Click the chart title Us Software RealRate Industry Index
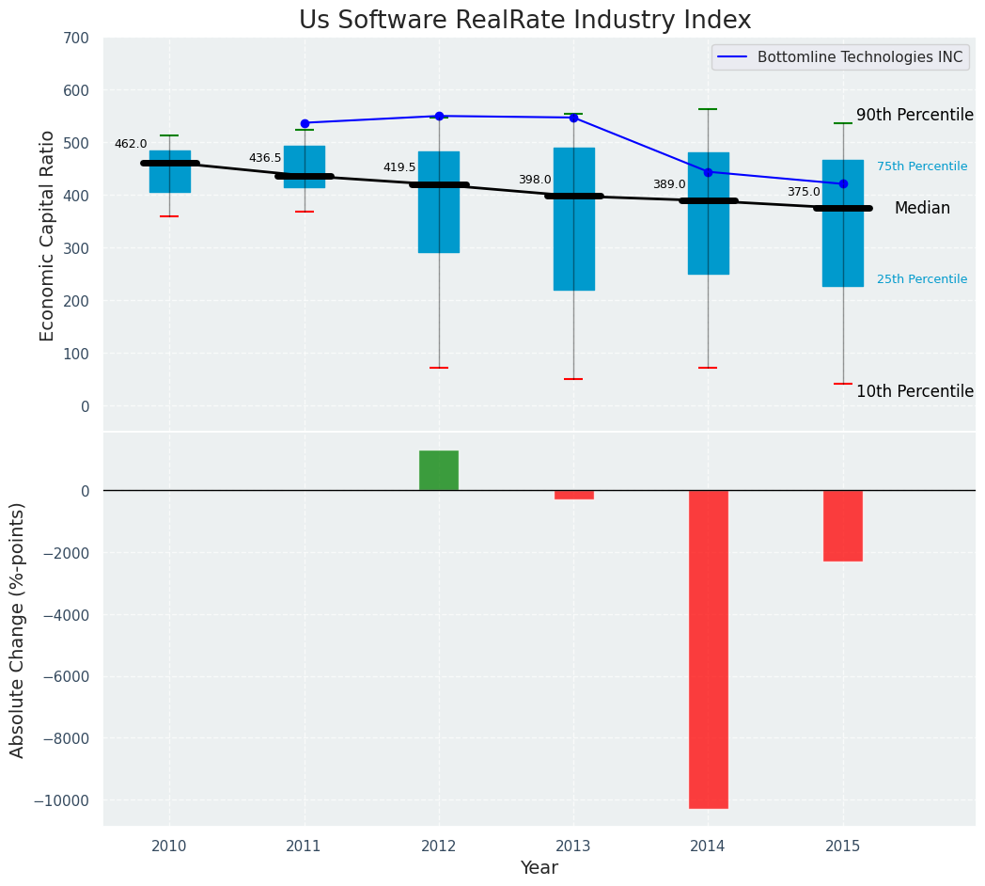point(524,21)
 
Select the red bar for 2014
point(708,649)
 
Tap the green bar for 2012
point(439,470)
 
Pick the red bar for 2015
point(843,526)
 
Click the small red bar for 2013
point(573,495)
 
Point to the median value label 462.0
point(131,144)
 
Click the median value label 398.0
point(535,180)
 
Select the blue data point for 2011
point(305,123)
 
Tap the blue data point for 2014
point(708,172)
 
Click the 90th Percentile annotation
point(915,115)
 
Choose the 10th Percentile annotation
point(915,391)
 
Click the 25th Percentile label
point(922,279)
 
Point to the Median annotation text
point(922,208)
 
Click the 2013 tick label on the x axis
point(573,846)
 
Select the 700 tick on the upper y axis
point(76,39)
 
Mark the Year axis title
point(539,868)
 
